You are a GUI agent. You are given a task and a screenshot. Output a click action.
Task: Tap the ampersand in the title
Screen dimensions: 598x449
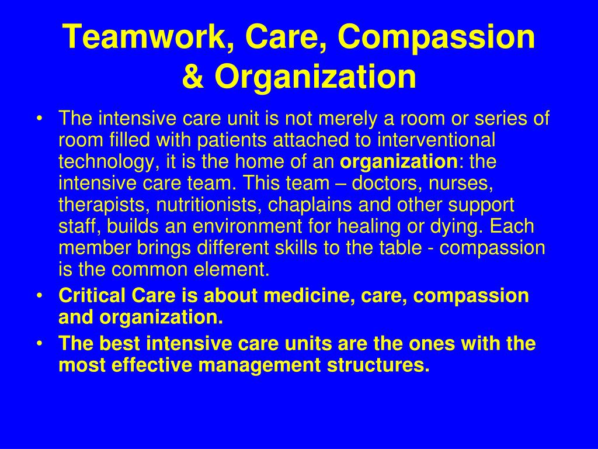tap(193, 77)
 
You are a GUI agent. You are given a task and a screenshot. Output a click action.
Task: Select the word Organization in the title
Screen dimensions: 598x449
tap(315, 78)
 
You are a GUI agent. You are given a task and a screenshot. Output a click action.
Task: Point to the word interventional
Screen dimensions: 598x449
tap(436, 140)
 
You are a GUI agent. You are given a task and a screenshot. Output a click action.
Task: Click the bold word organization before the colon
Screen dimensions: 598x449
tap(398, 162)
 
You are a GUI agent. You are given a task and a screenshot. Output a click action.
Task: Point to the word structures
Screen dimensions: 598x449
tap(378, 365)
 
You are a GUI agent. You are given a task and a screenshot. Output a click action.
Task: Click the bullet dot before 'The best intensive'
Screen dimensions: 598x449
tap(40, 344)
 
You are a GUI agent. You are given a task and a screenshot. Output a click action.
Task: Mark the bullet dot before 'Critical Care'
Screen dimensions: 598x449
tap(40, 296)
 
